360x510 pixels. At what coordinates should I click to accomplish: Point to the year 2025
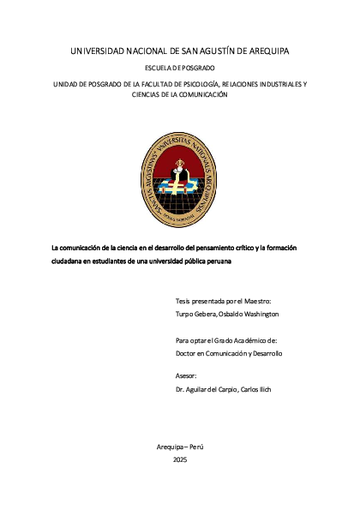[180, 460]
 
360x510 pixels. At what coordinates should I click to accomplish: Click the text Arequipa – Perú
[180, 448]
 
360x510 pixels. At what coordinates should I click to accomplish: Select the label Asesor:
[186, 376]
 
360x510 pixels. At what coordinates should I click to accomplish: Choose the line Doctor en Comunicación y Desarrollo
[229, 352]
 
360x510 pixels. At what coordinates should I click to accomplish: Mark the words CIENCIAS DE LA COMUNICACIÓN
[180, 95]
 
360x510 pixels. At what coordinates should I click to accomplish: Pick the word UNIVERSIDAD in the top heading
[99, 51]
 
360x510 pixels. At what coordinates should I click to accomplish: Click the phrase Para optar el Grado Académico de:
[227, 340]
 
